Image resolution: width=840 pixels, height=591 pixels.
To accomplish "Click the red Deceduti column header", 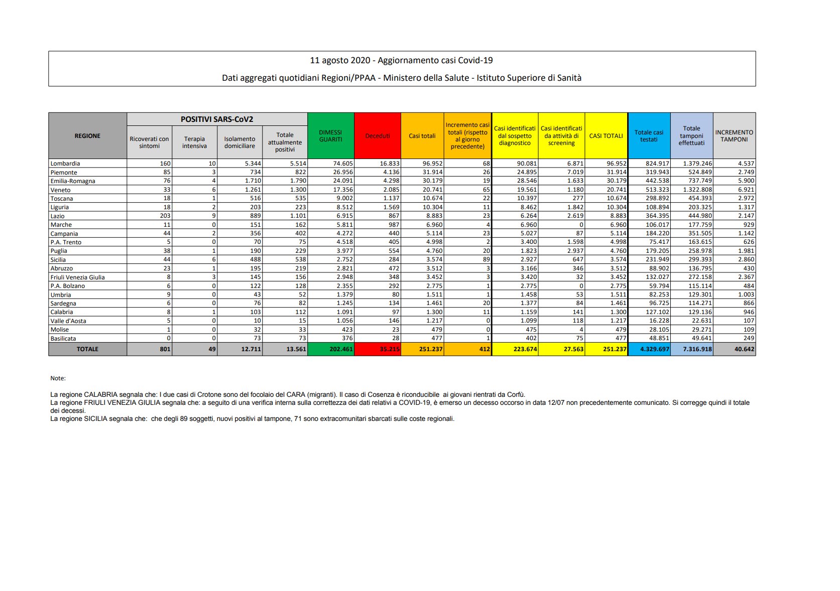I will [378, 136].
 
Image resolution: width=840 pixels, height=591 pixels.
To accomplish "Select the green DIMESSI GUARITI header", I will [330, 136].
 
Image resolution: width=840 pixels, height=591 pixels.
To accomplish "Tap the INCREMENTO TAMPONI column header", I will [734, 136].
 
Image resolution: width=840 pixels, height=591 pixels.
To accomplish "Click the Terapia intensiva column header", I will [194, 142].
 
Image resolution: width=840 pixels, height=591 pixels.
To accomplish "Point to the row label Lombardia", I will [65, 164].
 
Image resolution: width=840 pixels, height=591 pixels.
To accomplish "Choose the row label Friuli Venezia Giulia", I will [78, 277].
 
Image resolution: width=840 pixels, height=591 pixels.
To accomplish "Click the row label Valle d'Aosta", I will [68, 321].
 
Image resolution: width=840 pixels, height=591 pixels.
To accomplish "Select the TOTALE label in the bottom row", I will [87, 349].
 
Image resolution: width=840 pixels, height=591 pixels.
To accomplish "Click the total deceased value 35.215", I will [390, 349].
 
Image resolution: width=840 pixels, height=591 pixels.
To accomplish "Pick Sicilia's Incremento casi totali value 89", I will [486, 259].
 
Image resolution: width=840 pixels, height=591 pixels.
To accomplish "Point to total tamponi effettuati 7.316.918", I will [697, 349].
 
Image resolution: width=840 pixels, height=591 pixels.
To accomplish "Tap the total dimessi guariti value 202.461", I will [341, 349].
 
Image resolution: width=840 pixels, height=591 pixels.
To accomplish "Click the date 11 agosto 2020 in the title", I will [340, 60].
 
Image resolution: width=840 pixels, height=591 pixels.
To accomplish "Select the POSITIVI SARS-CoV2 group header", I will [217, 119].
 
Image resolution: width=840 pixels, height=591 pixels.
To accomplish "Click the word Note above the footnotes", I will [58, 378].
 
